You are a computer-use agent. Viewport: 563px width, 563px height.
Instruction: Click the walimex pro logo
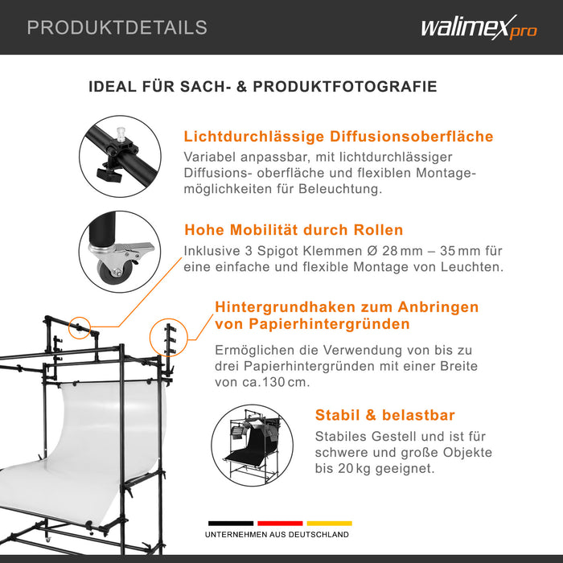[x=479, y=27]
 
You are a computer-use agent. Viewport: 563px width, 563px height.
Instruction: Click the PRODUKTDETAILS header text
[x=117, y=27]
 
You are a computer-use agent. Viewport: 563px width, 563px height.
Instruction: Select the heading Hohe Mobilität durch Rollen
[x=294, y=230]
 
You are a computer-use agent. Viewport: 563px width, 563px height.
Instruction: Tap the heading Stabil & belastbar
[x=385, y=415]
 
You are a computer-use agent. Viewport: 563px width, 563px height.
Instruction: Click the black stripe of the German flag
[x=231, y=523]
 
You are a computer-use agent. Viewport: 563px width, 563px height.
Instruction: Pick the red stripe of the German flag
[x=280, y=523]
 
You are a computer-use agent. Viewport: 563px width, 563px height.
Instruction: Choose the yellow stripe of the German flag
[x=329, y=523]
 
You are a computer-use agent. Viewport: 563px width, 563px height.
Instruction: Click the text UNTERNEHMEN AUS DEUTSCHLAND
[x=277, y=535]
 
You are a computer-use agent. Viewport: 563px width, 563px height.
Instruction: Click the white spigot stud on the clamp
[x=121, y=134]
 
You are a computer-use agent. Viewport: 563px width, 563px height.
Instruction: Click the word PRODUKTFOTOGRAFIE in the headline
[x=345, y=87]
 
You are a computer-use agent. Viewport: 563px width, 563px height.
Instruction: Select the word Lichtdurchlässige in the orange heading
[x=254, y=137]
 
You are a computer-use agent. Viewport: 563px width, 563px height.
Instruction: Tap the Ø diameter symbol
[x=372, y=251]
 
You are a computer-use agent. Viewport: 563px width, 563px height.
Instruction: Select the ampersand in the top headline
[x=242, y=87]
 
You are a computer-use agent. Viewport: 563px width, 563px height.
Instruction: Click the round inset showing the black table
[x=252, y=446]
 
